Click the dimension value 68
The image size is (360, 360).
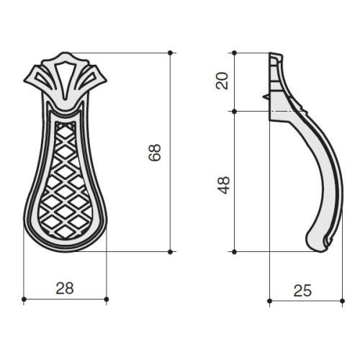[154, 153]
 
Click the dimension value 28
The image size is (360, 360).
[65, 288]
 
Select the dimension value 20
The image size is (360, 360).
[222, 81]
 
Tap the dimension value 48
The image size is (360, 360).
[224, 185]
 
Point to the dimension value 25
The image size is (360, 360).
[302, 290]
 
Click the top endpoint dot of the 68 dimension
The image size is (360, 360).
[170, 53]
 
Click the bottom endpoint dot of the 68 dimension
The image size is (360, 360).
[170, 252]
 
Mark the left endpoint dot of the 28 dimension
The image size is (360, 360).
[24, 300]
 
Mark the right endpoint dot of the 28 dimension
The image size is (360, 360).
[107, 300]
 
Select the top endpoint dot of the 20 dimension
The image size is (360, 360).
[235, 53]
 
